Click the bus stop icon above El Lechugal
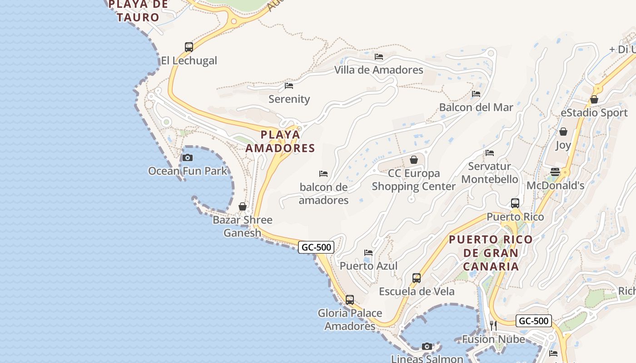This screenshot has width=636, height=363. pos(189,47)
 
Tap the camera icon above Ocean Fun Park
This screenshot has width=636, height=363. pos(187,157)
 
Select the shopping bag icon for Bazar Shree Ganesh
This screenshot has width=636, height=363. pos(243,206)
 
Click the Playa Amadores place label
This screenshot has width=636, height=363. pos(280,141)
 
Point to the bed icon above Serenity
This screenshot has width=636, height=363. pos(289,85)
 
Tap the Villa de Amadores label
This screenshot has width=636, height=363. pos(378,70)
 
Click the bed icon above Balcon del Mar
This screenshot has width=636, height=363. pos(476,94)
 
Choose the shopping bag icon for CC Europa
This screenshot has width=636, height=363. pos(414,160)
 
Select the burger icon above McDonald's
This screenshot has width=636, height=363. pos(555,172)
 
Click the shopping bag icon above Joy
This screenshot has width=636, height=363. pos(563,132)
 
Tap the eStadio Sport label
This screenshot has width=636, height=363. pos(594,113)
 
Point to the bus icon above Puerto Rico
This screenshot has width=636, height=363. pos(515,203)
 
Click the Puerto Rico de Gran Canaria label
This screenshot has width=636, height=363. pos(491,253)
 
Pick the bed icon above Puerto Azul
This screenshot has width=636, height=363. pos(368,252)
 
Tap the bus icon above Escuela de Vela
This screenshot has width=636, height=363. pos(417,278)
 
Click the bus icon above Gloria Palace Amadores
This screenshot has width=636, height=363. pos(350,299)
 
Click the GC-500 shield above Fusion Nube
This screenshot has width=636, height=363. pos(534,321)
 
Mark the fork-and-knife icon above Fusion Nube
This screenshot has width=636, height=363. pos(493,325)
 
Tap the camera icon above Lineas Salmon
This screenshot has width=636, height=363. pos(427,346)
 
